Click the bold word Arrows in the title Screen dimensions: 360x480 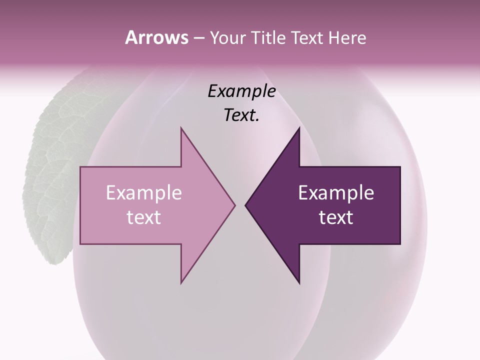coord(156,37)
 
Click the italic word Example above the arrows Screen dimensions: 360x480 coord(241,91)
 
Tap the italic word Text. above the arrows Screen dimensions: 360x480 coord(241,115)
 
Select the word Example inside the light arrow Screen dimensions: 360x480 coord(143,193)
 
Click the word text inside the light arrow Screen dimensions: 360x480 coord(143,217)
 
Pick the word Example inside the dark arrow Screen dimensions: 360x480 coord(336,193)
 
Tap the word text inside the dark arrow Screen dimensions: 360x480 coord(336,217)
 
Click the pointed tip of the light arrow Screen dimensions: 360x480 coord(235,205)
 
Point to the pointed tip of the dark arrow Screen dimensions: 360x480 coord(245,205)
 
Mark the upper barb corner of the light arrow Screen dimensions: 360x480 coord(181,128)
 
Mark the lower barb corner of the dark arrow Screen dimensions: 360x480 coord(299,283)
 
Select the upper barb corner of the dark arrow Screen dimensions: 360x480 coord(299,128)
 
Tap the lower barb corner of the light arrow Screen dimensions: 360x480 coord(181,283)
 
